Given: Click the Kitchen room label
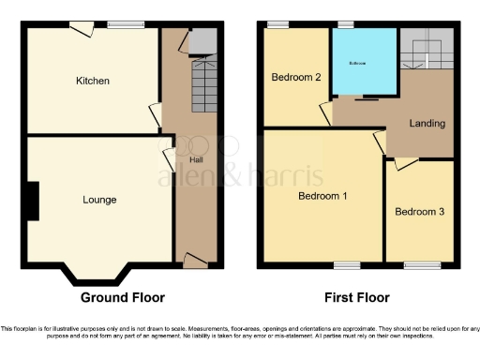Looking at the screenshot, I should [93, 81].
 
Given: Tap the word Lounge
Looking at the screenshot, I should [99, 200].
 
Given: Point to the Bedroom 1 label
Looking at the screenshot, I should [322, 196].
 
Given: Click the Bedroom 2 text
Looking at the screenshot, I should [297, 76].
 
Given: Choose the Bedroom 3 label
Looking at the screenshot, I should [419, 212].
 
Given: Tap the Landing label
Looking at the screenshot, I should [427, 124].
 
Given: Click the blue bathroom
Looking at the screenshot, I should [362, 63].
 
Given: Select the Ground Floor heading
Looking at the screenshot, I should [123, 298].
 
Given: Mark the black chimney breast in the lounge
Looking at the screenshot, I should [33, 201].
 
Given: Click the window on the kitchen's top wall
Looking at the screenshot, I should [119, 25].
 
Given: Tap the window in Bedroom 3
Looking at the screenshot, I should [417, 263].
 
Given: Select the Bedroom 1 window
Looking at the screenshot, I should [347, 263].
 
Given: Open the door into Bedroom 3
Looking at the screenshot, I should [404, 163].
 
